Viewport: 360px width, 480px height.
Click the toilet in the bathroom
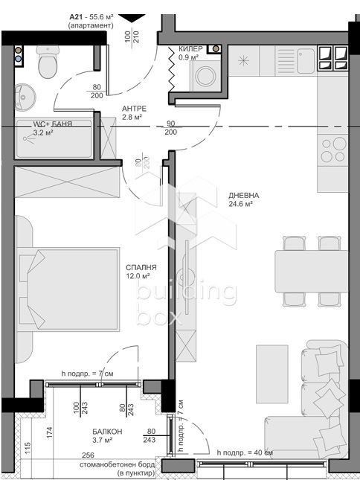coord(48,65)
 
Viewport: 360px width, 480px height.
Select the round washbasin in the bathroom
coord(28,95)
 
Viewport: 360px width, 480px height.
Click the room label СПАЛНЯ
coord(141,266)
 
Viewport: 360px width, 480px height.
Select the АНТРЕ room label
coord(135,107)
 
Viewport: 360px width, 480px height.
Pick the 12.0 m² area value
coord(141,275)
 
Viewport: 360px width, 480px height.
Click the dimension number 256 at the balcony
coord(88,455)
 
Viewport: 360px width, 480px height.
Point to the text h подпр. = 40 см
coord(243,452)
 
